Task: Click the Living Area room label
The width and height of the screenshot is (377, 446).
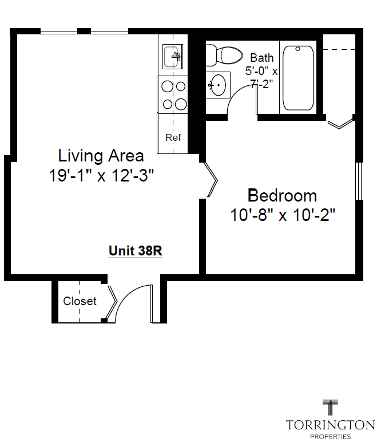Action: [101, 156]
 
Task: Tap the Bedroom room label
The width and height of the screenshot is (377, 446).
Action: [282, 196]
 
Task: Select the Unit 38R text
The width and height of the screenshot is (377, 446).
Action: [136, 251]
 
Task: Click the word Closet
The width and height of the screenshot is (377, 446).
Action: [80, 301]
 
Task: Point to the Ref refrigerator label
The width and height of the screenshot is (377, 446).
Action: [173, 138]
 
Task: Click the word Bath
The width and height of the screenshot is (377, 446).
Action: [261, 58]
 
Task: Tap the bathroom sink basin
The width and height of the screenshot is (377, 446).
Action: [217, 85]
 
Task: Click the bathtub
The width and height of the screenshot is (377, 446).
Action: [298, 77]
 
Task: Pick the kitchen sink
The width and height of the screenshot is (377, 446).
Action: [173, 57]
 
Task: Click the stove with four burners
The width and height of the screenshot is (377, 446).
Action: [173, 95]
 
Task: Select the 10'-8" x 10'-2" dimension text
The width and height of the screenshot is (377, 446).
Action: [282, 216]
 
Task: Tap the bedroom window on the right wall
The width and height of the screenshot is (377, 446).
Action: [359, 181]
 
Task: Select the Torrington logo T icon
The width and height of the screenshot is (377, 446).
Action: [330, 408]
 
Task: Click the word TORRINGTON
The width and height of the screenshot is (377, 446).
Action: [330, 425]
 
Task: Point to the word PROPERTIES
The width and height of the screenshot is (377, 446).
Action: [330, 437]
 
